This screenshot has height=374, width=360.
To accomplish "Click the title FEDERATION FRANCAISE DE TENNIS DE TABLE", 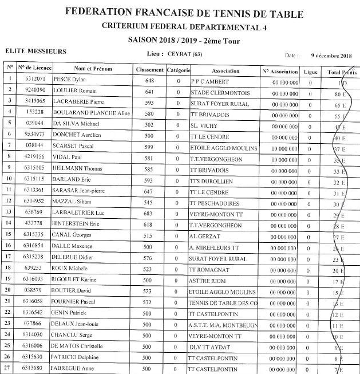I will click(184, 13).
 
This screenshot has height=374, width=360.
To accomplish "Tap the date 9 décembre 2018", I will click(331, 56).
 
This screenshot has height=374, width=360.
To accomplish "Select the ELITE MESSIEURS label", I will click(35, 52).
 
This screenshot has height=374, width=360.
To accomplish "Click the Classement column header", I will click(150, 70).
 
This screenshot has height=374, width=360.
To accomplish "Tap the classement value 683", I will click(150, 212).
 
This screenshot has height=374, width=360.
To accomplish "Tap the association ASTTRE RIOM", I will click(207, 279).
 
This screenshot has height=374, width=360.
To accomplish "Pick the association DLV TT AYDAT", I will click(211, 347).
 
